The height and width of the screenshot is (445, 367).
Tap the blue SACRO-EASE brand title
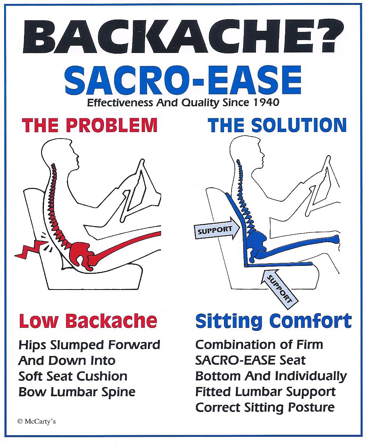(x=183, y=80)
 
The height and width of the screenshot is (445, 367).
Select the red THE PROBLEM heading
(x=90, y=125)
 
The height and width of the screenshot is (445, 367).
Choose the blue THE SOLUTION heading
(x=277, y=125)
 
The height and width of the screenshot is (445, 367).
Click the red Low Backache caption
(x=88, y=321)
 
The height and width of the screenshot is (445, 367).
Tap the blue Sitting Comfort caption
(x=274, y=321)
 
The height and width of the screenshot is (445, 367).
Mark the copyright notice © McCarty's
(x=36, y=421)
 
